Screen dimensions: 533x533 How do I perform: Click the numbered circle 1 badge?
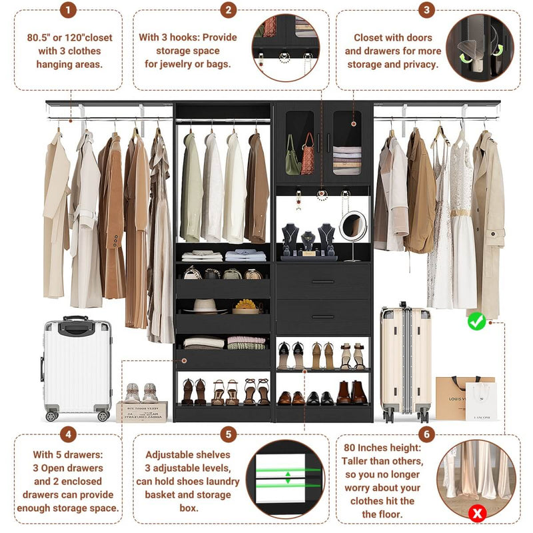click(x=67, y=10)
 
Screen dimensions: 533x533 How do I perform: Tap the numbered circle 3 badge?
click(x=426, y=10)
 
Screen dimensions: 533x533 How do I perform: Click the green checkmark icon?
click(x=476, y=322)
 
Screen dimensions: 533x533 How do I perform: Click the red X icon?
click(x=476, y=513)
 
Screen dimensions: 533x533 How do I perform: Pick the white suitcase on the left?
click(x=77, y=368)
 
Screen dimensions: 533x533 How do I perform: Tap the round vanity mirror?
click(x=352, y=227)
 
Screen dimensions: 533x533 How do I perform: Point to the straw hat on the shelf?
click(x=206, y=305)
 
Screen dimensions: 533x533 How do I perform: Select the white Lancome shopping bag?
click(x=481, y=401)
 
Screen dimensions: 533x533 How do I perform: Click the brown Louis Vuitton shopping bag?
click(x=456, y=394)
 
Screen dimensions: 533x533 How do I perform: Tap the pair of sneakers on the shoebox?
click(x=141, y=392)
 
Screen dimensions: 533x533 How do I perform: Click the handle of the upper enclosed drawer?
click(x=322, y=282)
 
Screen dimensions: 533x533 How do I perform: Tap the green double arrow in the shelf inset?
click(x=288, y=478)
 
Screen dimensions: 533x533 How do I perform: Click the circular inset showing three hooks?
click(x=285, y=48)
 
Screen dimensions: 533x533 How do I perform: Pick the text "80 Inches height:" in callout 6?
click(x=382, y=448)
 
